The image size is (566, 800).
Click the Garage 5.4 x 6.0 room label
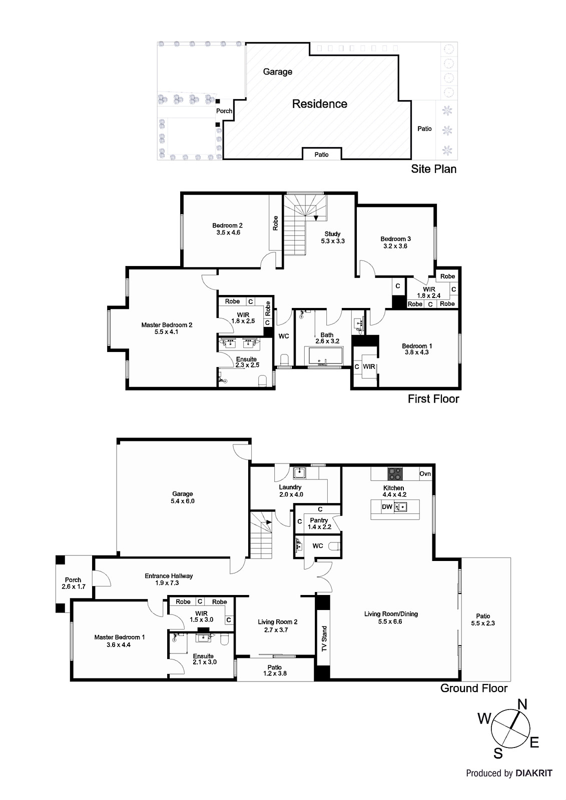[182, 497]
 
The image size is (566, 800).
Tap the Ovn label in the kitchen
[425, 473]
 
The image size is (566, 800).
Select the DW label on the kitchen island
[387, 506]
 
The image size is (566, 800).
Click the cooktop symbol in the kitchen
[395, 473]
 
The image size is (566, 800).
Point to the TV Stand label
[324, 638]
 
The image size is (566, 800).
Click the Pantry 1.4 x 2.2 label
[319, 523]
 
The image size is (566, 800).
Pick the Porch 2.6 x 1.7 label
[73, 583]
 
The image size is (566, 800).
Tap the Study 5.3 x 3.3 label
[332, 237]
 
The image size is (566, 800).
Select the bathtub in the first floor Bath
[325, 356]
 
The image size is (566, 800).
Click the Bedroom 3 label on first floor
[395, 242]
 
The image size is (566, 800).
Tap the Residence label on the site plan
[319, 104]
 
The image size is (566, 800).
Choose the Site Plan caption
[433, 169]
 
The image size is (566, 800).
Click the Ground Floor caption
[473, 688]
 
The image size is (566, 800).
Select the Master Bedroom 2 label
[167, 328]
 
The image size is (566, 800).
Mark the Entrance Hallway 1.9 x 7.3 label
[169, 579]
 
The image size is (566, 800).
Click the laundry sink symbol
[300, 472]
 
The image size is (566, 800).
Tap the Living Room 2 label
[277, 625]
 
